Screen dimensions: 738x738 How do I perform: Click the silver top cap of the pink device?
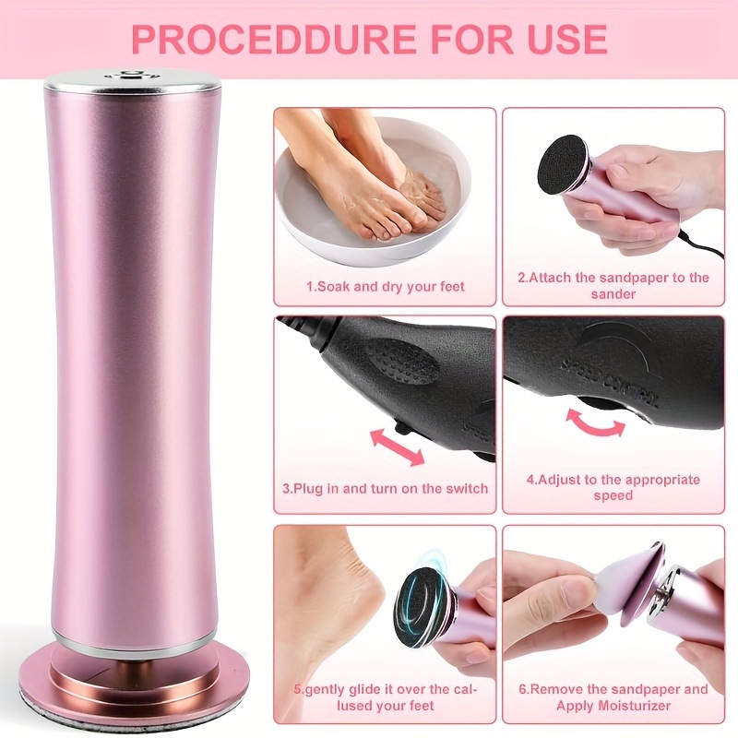click(133, 80)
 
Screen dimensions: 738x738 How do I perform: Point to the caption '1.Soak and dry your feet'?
click(386, 286)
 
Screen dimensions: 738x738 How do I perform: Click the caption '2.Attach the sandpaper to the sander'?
click(613, 285)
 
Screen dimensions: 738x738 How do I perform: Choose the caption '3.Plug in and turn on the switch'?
click(386, 488)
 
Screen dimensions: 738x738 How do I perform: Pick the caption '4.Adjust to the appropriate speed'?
click(613, 487)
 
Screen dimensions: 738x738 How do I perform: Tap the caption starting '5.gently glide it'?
click(386, 697)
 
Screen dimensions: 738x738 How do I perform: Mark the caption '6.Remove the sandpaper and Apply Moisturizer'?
click(613, 697)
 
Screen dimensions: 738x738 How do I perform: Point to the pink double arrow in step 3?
click(397, 446)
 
